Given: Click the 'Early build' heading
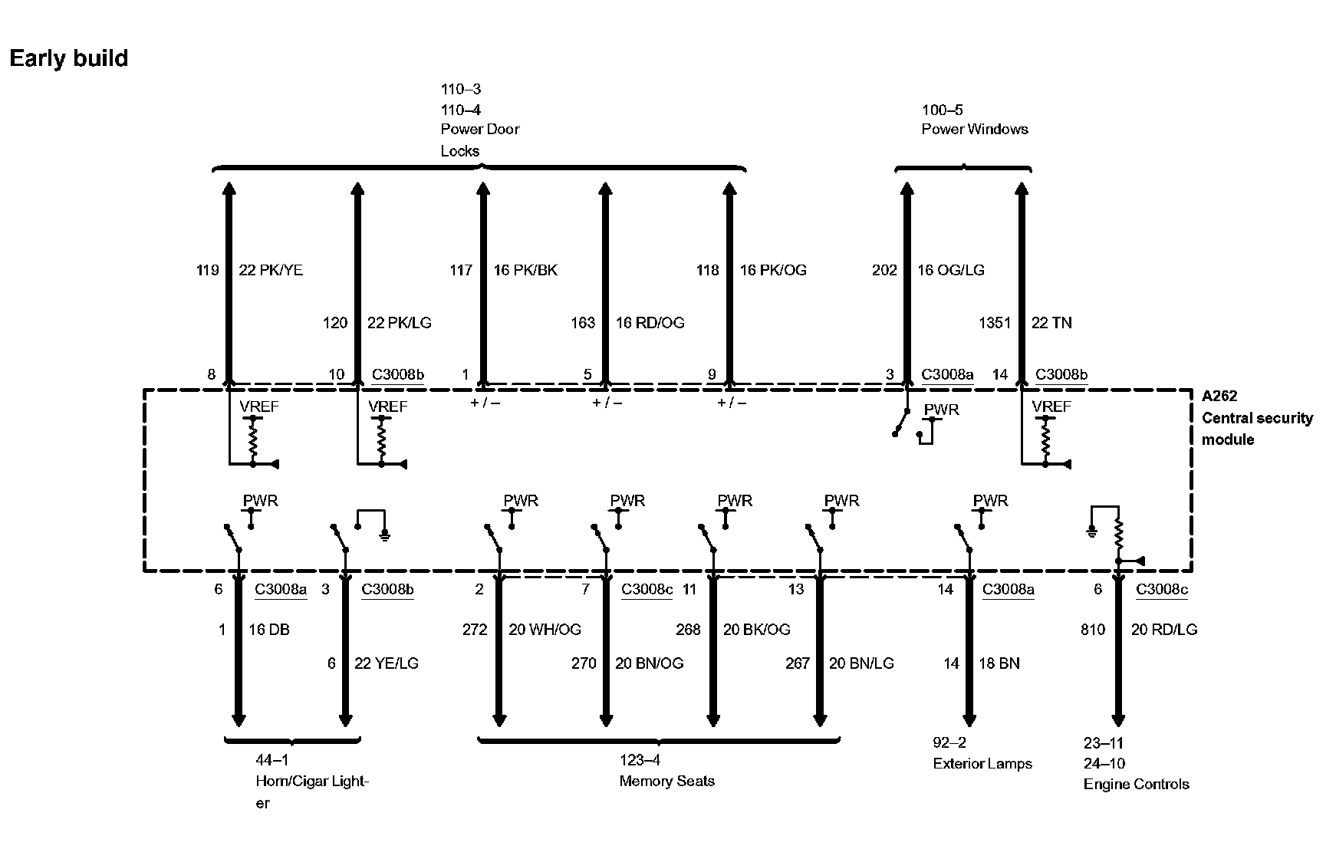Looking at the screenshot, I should (69, 58).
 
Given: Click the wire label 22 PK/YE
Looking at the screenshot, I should (271, 270).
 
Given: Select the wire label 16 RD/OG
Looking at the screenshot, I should (650, 323).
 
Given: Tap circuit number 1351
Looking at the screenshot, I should (994, 323).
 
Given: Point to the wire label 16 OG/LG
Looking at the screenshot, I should (950, 270).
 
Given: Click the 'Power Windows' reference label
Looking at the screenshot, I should (974, 129).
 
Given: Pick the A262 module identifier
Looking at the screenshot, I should (1219, 397).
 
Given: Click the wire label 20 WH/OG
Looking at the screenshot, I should (545, 630).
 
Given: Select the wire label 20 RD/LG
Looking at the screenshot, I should (1163, 630).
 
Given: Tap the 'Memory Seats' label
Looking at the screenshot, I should (666, 782).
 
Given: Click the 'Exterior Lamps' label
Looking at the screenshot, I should (982, 764).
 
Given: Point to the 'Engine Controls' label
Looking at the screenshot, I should (1136, 785).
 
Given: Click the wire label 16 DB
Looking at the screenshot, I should (269, 630).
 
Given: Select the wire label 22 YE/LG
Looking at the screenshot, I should (387, 663).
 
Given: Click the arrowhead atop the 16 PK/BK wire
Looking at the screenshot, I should (482, 189).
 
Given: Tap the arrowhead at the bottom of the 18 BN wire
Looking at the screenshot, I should (969, 720).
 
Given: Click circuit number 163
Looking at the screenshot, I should (583, 323).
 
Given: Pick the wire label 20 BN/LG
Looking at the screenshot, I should (861, 663).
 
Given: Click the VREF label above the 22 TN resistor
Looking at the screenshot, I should (1051, 406).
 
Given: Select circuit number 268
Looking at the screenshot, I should (688, 630).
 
